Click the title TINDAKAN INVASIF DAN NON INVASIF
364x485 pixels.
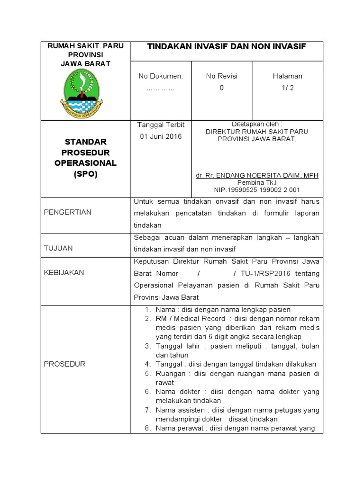(x=227, y=46)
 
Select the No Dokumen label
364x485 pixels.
(x=160, y=76)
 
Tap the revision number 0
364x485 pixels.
(x=221, y=88)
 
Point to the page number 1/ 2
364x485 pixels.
(x=287, y=88)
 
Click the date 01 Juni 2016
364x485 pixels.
(x=160, y=136)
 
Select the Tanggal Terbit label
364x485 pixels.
(x=161, y=125)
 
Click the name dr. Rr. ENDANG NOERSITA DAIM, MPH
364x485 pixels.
(x=257, y=175)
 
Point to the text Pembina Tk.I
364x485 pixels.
(x=257, y=182)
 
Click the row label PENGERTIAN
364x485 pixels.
(x=68, y=212)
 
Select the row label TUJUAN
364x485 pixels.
(x=58, y=248)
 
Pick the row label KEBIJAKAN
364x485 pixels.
(x=64, y=272)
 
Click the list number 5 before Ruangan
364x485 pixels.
(x=147, y=374)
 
